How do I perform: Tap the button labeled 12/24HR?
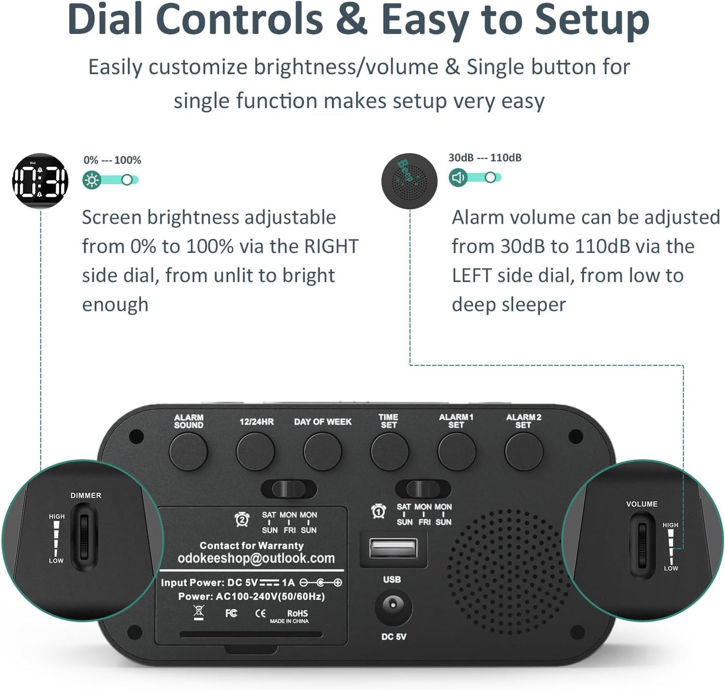(x=255, y=451)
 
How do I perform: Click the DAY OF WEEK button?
(x=323, y=451)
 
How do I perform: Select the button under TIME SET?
(x=389, y=451)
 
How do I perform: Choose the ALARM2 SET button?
(x=524, y=451)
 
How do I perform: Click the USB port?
(x=393, y=548)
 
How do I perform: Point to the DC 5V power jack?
(x=393, y=606)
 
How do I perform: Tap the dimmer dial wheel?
(x=84, y=537)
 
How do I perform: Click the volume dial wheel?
(x=643, y=544)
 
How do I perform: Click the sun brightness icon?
(x=92, y=180)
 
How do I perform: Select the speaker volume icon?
(x=458, y=177)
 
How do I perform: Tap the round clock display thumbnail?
(x=40, y=181)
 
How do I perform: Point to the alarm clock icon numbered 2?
(x=242, y=519)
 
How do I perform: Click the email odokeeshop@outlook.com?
(x=256, y=559)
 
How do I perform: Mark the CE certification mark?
(x=260, y=613)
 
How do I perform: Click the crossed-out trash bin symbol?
(x=199, y=612)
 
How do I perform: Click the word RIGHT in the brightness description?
(x=331, y=246)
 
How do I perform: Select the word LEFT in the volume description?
(x=472, y=275)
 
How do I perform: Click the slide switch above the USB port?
(x=423, y=488)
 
